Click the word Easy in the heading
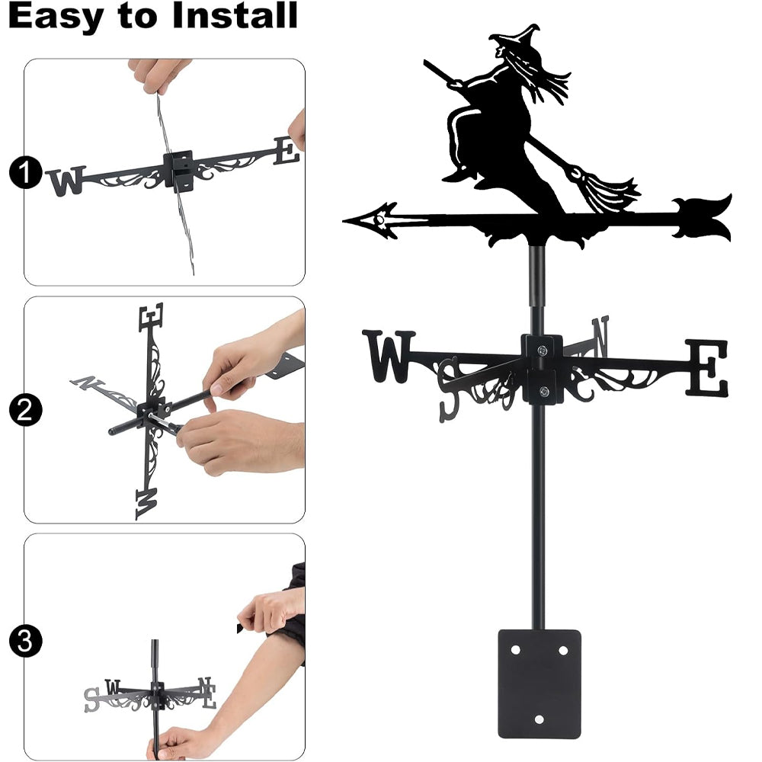pos(55,17)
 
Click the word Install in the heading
pos(235,15)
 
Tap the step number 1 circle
pos(25,172)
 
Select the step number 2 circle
pos(25,410)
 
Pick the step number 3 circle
pos(25,641)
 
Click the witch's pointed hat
pos(517,38)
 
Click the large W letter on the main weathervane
pos(389,356)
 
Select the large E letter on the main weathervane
pos(707,367)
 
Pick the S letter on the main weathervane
pos(450,389)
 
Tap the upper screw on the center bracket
pos(543,349)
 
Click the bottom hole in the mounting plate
pos(539,719)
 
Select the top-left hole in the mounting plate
pos(516,650)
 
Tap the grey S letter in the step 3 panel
pos(92,700)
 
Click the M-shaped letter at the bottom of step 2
pos(146,504)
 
